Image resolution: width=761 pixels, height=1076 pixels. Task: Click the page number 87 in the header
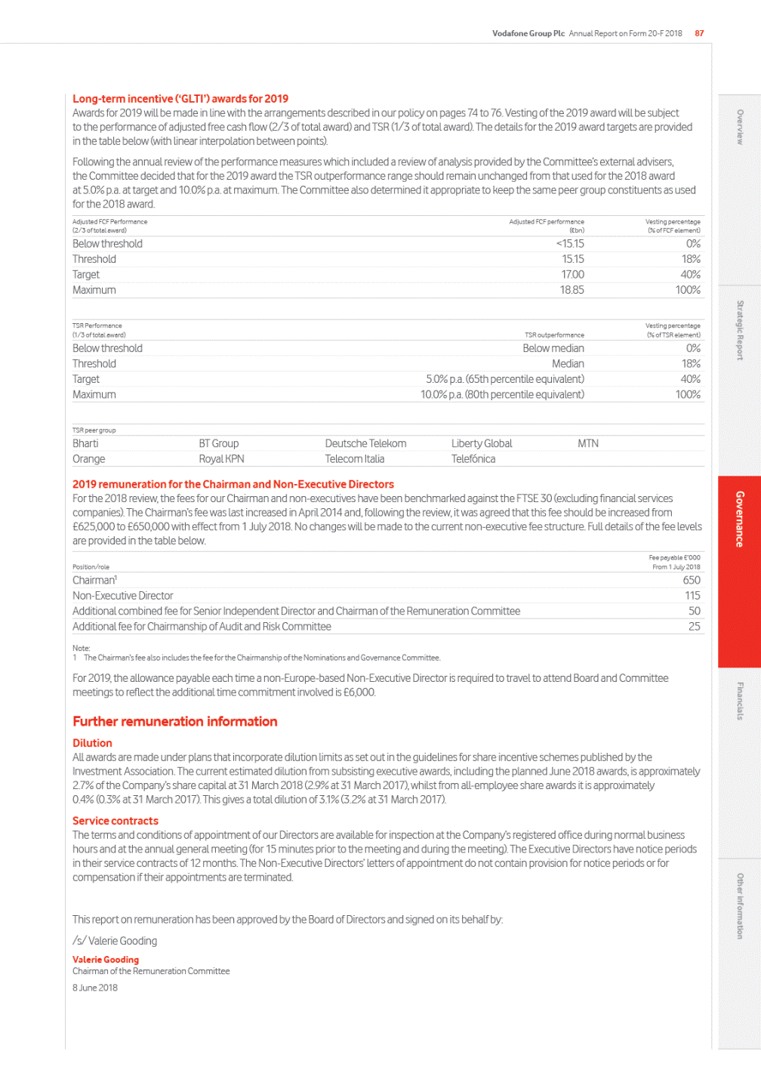coord(699,33)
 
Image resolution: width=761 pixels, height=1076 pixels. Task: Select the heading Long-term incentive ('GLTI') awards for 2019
coord(180,99)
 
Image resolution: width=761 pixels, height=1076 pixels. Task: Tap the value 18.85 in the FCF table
coord(572,290)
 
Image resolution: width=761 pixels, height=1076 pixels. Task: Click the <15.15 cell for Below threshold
coord(570,244)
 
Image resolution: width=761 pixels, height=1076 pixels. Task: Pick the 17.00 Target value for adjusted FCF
coord(572,275)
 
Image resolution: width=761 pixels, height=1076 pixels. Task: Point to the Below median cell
coord(553,348)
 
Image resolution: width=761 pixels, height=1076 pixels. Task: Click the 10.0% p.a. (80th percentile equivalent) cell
coord(502,395)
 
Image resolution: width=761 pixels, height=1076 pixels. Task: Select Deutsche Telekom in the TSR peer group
coord(365,444)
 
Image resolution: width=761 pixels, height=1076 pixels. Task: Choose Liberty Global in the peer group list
coord(482,444)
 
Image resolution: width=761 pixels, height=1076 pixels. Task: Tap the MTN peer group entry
coord(588,444)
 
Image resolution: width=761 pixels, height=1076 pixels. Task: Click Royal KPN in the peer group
coord(221,459)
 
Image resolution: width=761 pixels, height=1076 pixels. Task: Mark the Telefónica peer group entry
coord(473,459)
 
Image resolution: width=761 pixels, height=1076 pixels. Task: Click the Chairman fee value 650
coord(692,581)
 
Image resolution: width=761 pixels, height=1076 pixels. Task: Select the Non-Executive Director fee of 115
coord(692,596)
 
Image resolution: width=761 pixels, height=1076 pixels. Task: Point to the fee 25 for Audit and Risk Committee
coord(694,627)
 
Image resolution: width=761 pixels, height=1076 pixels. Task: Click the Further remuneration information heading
coord(175,722)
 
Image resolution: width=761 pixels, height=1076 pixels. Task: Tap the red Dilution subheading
coord(92,744)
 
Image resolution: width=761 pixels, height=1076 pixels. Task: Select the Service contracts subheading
coord(116,821)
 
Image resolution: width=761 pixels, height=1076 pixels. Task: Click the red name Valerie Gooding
coord(106,960)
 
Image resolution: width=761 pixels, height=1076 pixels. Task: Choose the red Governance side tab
coord(739,519)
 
